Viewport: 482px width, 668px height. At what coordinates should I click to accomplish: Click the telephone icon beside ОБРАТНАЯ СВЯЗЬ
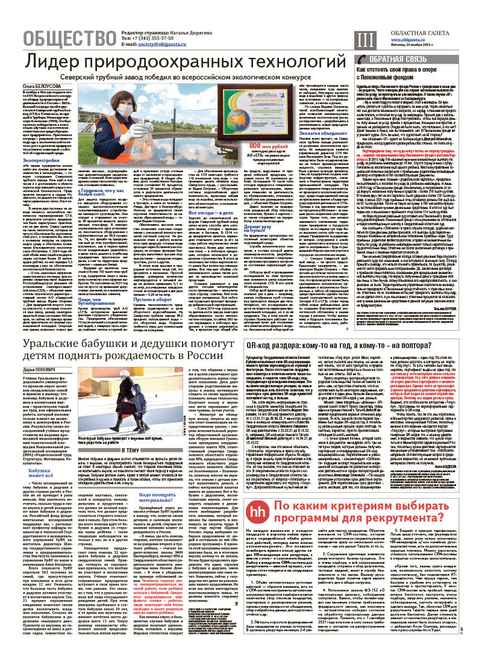pyautogui.click(x=361, y=59)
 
